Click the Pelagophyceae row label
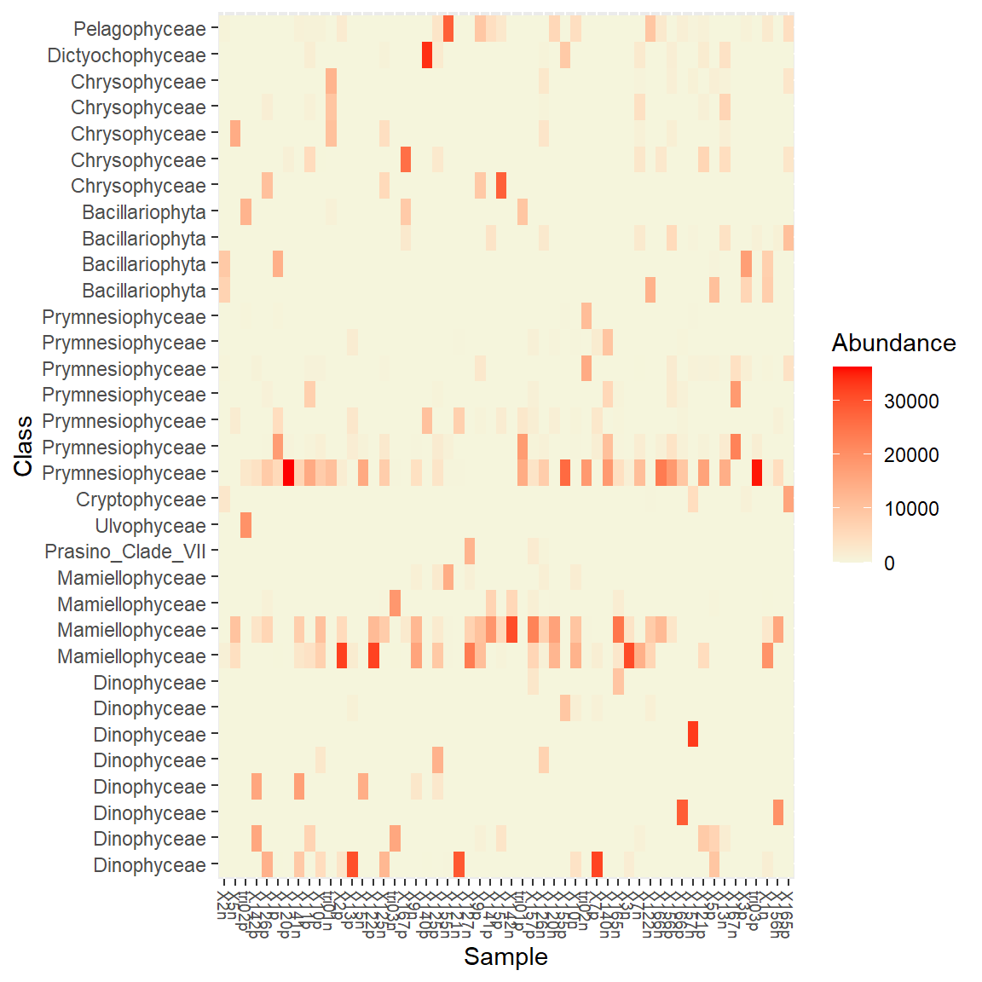140,29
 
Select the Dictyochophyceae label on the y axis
127,55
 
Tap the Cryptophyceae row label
142,500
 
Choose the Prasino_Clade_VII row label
125,552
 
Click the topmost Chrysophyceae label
139,82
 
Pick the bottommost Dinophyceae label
150,865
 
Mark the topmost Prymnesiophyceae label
124,317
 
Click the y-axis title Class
23,446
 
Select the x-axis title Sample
505,957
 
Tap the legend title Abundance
893,343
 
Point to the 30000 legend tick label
911,401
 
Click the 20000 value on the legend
911,455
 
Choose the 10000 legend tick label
911,509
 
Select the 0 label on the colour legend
889,563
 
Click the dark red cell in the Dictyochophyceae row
427,55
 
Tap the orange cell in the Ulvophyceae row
245,526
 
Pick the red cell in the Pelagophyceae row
448,29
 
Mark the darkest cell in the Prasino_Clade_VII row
470,552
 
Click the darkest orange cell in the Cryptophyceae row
788,500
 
